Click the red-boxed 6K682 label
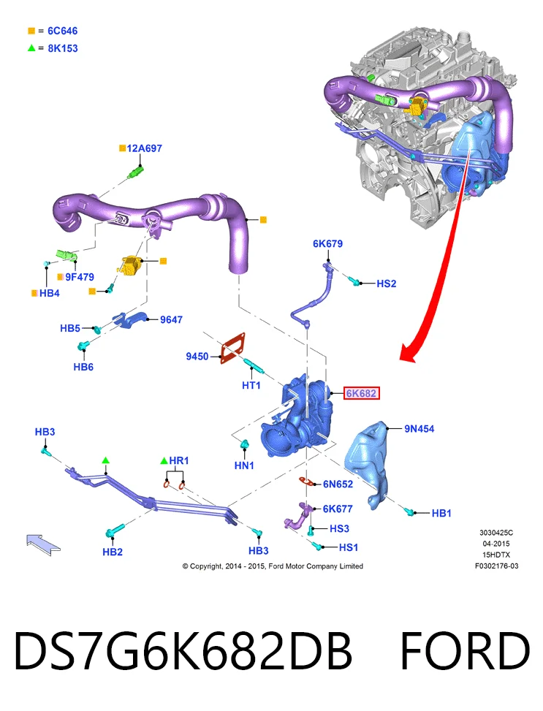click(361, 393)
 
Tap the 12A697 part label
click(144, 148)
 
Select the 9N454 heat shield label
click(419, 428)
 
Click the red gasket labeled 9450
click(233, 349)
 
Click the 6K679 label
click(327, 243)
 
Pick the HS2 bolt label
click(387, 284)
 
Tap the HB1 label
click(441, 513)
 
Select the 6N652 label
click(338, 484)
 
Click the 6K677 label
click(338, 509)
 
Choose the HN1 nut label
click(244, 465)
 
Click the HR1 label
click(179, 460)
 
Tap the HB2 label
click(113, 552)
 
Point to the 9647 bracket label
click(171, 319)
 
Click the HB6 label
click(83, 367)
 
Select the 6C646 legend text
click(63, 31)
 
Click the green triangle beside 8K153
click(31, 48)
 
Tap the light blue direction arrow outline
click(43, 544)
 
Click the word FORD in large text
click(465, 650)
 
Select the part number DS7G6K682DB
click(183, 650)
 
